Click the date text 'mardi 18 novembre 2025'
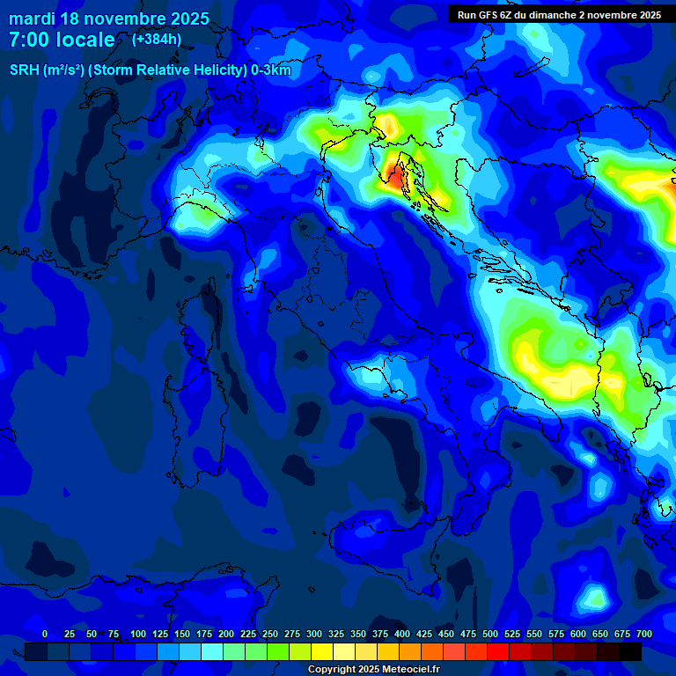[x=109, y=18]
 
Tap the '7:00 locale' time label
[x=62, y=40]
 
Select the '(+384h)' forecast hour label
[x=157, y=40]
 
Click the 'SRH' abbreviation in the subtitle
[x=25, y=70]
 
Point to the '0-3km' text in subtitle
[x=270, y=70]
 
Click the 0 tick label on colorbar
[x=45, y=634]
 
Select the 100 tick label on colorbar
[x=138, y=634]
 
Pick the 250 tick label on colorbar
[x=270, y=634]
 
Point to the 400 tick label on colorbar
[x=402, y=634]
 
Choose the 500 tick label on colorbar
[x=490, y=634]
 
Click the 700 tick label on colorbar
[x=643, y=634]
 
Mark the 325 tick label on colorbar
[x=336, y=634]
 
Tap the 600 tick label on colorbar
[x=578, y=634]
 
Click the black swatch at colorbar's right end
[x=630, y=652]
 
